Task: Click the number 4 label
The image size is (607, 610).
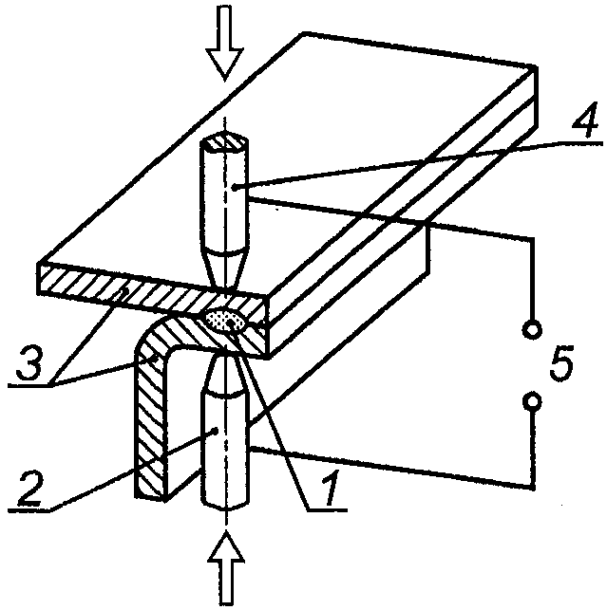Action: (x=585, y=119)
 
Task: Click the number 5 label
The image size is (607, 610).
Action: (x=561, y=362)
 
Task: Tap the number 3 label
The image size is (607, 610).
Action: (x=28, y=362)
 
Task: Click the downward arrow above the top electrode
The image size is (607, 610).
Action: (x=224, y=43)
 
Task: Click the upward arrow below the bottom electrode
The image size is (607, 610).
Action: (x=226, y=568)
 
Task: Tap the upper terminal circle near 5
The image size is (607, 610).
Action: (x=532, y=329)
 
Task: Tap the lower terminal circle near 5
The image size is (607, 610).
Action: (x=532, y=400)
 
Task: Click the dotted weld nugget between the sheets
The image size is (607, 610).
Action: (x=225, y=322)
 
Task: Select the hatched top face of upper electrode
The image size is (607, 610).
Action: (x=224, y=142)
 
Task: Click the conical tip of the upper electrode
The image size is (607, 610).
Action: (x=225, y=268)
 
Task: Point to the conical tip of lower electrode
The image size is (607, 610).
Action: (x=225, y=375)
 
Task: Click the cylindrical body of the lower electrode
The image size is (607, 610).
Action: (x=225, y=451)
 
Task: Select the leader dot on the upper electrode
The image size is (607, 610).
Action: (x=234, y=188)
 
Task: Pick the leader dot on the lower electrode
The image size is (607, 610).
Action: (x=215, y=431)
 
